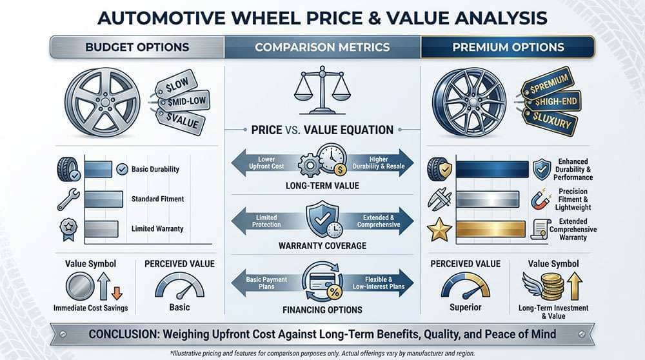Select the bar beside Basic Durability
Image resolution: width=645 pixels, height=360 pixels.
point(99,170)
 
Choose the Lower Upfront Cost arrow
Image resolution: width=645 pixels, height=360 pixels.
point(265,163)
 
